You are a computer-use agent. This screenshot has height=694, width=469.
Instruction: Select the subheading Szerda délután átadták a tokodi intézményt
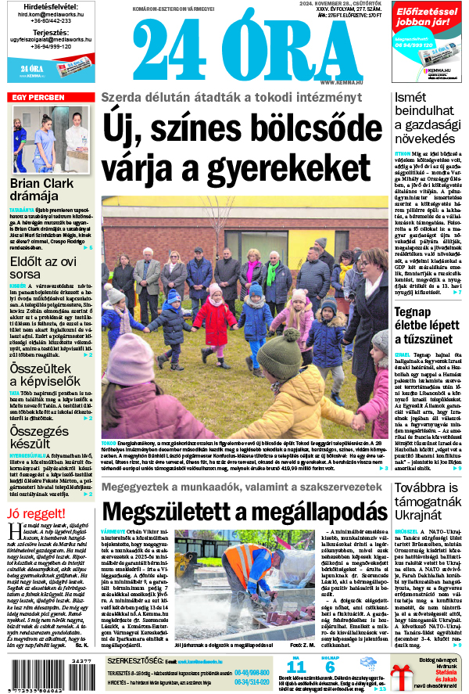pos(231,98)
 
